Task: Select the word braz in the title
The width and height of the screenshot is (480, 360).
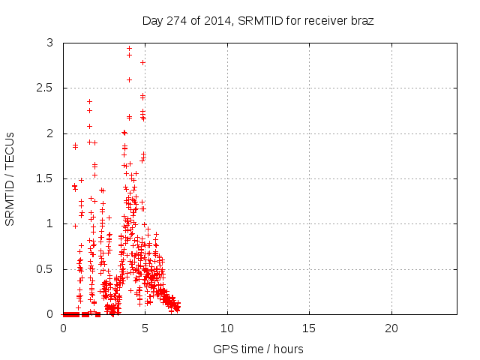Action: [360, 21]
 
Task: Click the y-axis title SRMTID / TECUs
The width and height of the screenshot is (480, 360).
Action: [10, 178]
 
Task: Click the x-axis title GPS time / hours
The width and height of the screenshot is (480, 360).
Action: [258, 349]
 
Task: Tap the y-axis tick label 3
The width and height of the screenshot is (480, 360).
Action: [49, 43]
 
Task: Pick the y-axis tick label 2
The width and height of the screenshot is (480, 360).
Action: [49, 133]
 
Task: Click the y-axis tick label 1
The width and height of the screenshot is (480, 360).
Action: [49, 223]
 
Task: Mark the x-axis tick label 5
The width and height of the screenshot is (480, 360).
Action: [145, 328]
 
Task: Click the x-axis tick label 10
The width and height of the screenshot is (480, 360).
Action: [227, 328]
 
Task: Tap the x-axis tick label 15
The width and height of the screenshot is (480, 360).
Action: [309, 328]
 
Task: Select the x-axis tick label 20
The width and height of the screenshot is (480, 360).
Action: [391, 328]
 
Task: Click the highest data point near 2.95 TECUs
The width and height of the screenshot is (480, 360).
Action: [129, 48]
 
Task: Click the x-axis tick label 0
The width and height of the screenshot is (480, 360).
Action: [63, 328]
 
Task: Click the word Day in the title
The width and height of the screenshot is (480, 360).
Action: [152, 21]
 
